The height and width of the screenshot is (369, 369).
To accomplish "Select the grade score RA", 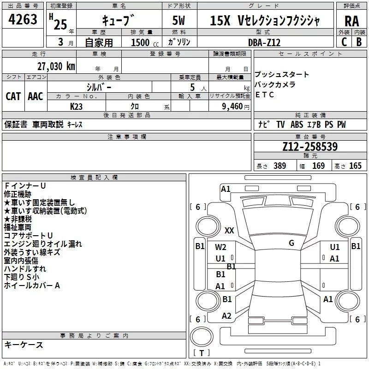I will (x=351, y=21).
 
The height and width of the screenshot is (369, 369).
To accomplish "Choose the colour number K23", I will (x=77, y=106).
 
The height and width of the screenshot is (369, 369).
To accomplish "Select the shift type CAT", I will (x=13, y=96).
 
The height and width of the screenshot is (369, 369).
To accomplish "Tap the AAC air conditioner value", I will (x=35, y=96).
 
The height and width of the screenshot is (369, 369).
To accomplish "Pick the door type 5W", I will (x=179, y=21).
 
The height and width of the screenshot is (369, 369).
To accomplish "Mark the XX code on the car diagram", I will (x=229, y=230).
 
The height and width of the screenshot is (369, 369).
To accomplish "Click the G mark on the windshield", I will (x=291, y=243).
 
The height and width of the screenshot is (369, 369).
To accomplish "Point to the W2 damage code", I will (x=220, y=247).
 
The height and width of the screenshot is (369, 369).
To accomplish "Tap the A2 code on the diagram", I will (x=226, y=316).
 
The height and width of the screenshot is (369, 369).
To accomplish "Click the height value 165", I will (x=355, y=166).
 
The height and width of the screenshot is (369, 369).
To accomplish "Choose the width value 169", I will (x=318, y=166).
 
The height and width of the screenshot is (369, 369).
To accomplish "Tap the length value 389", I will (x=280, y=166).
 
